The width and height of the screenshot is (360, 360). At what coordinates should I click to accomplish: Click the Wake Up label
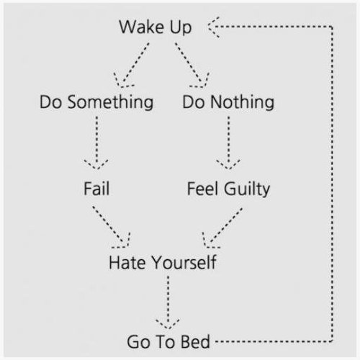(156, 27)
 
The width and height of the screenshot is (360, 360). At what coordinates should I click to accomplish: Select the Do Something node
(96, 102)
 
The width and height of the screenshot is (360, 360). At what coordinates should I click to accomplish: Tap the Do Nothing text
(228, 102)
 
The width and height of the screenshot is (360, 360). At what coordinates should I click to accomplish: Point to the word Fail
(96, 189)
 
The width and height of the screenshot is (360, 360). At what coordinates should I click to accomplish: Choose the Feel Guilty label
(228, 189)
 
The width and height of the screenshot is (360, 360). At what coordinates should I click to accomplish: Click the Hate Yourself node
(163, 262)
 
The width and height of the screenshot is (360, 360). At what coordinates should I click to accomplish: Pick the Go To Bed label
(168, 341)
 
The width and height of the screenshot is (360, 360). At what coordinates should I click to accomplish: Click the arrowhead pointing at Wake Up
(213, 27)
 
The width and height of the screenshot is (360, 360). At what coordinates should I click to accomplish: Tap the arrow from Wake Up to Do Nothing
(192, 66)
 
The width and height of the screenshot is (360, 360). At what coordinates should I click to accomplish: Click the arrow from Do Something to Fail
(96, 143)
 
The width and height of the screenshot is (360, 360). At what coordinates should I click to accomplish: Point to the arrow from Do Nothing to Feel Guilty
(228, 143)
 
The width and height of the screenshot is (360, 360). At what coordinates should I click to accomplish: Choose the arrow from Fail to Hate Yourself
(112, 227)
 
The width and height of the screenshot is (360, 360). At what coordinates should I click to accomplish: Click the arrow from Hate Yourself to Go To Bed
(168, 303)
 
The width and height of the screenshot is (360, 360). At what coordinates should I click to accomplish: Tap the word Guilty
(247, 189)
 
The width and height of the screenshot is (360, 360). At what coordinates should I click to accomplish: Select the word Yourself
(184, 262)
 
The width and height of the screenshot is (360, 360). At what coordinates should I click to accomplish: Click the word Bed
(195, 341)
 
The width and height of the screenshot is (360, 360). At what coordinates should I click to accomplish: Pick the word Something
(110, 103)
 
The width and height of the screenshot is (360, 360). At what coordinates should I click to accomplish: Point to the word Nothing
(242, 103)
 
